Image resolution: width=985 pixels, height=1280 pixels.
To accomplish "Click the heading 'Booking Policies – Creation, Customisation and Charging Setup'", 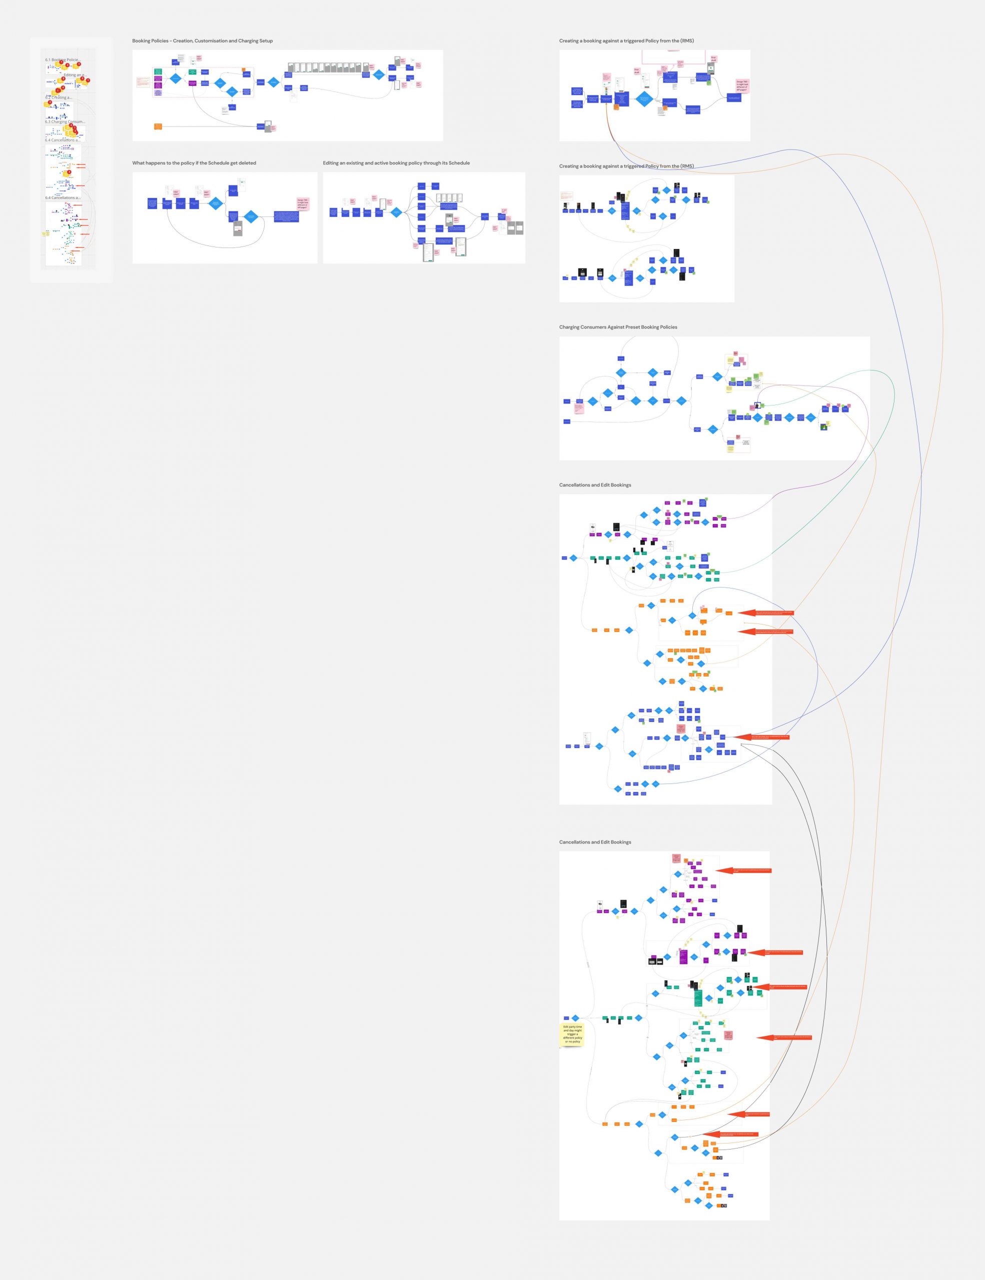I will tap(202, 41).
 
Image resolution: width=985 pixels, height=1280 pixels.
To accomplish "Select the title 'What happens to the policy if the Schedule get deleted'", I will tap(194, 163).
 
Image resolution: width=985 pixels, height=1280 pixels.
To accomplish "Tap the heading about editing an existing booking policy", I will tap(396, 163).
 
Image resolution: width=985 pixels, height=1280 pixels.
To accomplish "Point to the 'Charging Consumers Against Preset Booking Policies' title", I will tap(618, 327).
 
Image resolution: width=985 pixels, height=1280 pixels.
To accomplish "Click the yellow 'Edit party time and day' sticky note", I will tap(572, 1034).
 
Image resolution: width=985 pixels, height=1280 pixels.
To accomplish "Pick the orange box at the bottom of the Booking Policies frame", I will tap(158, 126).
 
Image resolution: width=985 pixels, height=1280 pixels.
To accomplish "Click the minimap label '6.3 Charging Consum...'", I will tap(65, 122).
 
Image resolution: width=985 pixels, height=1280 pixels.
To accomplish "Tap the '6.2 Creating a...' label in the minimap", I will tap(58, 98).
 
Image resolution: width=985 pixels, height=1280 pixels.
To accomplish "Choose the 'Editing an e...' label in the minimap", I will tap(75, 75).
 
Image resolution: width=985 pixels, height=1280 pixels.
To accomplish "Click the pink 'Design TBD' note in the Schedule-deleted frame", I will tap(303, 203).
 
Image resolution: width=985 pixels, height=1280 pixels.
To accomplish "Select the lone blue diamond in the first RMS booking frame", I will tap(644, 98).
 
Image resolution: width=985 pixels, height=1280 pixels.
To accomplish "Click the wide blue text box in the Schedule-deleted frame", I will tap(286, 216).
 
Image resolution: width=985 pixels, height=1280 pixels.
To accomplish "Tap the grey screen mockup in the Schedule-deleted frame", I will tap(238, 228).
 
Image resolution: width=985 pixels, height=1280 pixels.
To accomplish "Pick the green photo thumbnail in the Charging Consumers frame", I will tap(824, 426).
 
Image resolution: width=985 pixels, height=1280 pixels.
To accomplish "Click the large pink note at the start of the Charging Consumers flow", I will tap(579, 406).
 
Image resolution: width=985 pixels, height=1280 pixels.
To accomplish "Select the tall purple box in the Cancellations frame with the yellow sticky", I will tap(683, 956).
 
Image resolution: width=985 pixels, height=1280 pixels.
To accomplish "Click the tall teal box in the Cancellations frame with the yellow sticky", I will tap(698, 997).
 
